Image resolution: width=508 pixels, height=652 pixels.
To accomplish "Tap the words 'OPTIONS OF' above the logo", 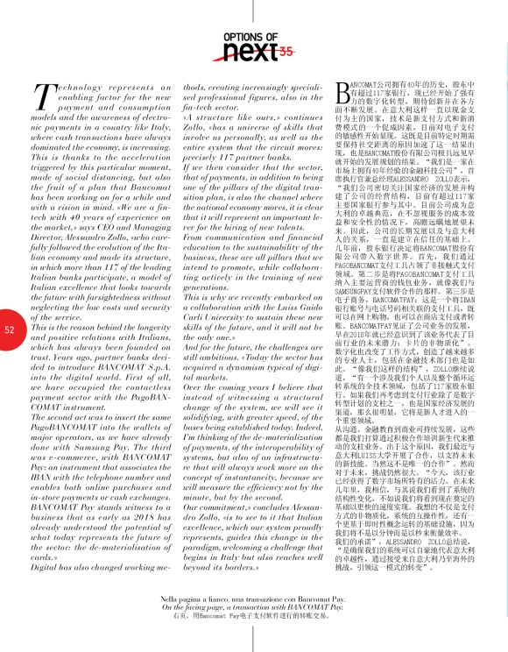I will click(252, 37).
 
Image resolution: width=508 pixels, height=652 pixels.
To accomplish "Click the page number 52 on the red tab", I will click(10, 330).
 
